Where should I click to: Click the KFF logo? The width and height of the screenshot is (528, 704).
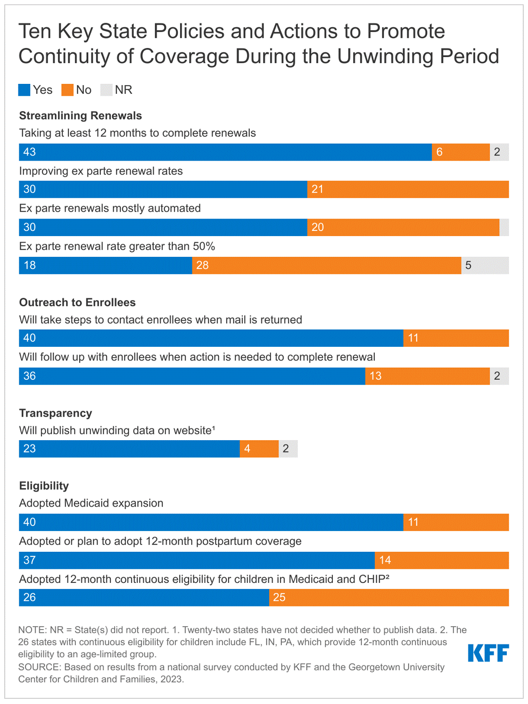point(488,653)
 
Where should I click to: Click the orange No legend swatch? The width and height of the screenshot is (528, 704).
point(67,90)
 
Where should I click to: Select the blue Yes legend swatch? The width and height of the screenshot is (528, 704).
point(25,90)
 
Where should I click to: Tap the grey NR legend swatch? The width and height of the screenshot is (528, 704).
point(107,90)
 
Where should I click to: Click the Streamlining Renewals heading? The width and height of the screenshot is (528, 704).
point(80,116)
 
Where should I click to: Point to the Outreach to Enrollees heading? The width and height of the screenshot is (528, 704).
point(77,303)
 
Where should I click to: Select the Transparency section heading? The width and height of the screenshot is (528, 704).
point(55,413)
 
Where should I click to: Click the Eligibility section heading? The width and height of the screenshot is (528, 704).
point(44,486)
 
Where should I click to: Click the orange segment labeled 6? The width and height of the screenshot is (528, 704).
point(461,152)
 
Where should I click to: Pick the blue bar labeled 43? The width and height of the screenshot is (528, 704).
point(225,152)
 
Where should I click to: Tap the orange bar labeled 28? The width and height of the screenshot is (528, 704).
point(327,265)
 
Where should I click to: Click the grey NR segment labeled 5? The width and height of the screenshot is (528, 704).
point(485,265)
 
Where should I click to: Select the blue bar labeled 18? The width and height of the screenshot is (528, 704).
point(106,265)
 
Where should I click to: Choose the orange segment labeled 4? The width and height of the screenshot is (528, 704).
point(259,449)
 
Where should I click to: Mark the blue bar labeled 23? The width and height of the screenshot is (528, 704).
point(129,449)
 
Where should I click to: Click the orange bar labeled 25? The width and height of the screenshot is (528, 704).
point(389,598)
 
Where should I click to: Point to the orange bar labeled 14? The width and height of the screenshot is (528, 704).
point(442,560)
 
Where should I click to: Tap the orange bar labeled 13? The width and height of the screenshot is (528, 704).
point(428,376)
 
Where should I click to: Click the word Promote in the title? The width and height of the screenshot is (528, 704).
point(406,32)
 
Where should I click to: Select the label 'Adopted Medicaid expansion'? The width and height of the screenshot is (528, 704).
point(91,503)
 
